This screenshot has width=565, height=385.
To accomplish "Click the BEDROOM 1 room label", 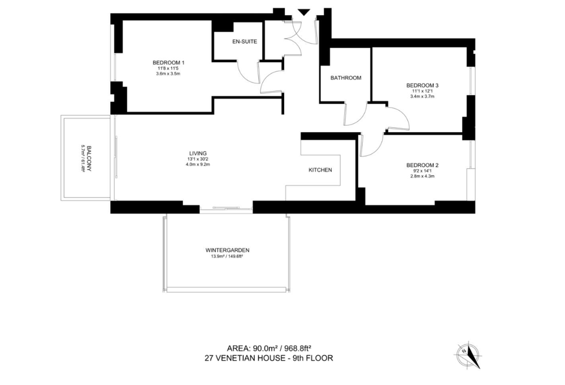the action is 168,62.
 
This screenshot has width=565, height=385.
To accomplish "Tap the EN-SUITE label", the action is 244,41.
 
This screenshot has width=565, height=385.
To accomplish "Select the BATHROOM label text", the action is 346,77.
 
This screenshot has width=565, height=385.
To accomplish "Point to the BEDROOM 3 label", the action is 422,85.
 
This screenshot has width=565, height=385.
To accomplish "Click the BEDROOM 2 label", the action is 422,166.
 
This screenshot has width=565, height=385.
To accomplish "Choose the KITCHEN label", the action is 320,170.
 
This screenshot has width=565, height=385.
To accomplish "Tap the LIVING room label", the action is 198,153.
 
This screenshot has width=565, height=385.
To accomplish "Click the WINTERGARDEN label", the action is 227,250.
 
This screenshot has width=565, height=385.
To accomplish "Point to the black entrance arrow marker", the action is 304,12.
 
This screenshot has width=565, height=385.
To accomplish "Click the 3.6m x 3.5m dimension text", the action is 168,74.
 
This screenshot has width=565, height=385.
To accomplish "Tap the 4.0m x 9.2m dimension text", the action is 198,165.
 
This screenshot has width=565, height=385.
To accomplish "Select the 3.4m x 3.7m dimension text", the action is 422,96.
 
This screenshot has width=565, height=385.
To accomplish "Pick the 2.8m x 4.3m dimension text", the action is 422,176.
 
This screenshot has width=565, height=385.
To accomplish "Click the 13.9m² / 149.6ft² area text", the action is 227,257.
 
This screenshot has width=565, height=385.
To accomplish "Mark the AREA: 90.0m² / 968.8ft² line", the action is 269,348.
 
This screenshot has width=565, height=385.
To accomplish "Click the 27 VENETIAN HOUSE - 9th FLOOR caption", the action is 269,358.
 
